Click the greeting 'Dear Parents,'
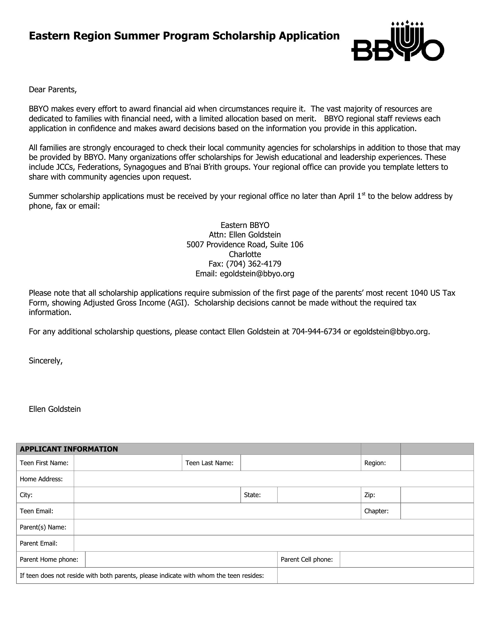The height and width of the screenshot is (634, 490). [x=52, y=90]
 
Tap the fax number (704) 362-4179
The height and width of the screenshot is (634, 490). [x=253, y=264]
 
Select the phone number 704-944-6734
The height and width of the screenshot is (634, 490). [x=316, y=331]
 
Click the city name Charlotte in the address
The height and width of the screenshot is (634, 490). [x=245, y=254]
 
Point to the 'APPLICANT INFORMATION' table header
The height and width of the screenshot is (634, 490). [x=69, y=449]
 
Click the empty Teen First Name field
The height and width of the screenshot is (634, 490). [x=128, y=463]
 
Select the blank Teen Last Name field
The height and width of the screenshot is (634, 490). [x=300, y=463]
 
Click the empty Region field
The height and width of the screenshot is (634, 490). [x=437, y=463]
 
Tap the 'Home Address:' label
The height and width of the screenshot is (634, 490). [x=41, y=479]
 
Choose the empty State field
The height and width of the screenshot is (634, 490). [x=319, y=495]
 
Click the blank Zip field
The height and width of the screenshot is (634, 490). [x=437, y=495]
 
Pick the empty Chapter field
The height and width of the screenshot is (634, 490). [x=437, y=511]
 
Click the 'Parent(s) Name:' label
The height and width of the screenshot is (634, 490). [x=43, y=527]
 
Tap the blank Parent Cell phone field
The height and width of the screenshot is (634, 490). [x=406, y=559]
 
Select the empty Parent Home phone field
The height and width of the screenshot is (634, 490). [x=181, y=559]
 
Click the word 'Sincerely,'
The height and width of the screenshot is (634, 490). [x=46, y=361]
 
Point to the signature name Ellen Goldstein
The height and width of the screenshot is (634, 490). [x=54, y=409]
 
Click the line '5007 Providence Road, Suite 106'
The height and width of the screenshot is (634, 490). [x=245, y=244]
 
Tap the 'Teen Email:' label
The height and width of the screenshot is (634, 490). [x=36, y=511]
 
